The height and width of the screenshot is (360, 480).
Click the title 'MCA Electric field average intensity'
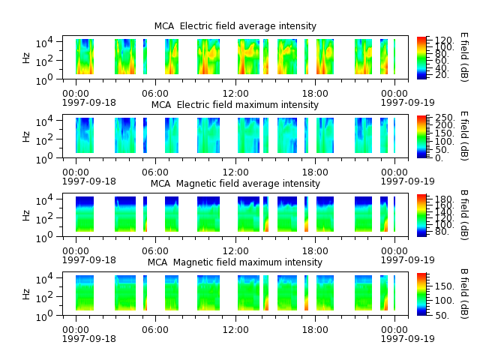[235, 26]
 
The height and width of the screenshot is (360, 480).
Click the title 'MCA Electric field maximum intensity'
[235, 105]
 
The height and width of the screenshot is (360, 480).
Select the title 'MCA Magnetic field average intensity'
[235, 184]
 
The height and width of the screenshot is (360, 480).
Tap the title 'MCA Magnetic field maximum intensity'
[235, 262]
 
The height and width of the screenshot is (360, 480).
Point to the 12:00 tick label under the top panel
[235, 93]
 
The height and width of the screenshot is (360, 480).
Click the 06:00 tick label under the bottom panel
[155, 330]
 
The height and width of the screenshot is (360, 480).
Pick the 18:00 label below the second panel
[315, 172]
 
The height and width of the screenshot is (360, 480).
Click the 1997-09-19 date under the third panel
[407, 260]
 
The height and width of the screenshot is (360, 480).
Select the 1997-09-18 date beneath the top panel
[89, 103]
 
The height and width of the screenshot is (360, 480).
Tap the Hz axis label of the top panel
[26, 58]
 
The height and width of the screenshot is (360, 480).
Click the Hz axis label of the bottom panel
[26, 294]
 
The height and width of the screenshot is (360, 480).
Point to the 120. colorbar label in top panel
[444, 40]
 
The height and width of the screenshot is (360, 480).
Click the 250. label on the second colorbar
[445, 118]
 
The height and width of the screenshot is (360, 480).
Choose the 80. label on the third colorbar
[442, 232]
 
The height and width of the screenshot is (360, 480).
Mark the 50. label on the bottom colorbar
[442, 315]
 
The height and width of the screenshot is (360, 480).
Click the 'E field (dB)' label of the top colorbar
[464, 57]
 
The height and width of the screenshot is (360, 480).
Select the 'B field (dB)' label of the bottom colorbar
[464, 294]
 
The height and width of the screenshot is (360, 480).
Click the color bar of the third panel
[421, 215]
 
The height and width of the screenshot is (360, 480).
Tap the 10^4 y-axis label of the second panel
[44, 121]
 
